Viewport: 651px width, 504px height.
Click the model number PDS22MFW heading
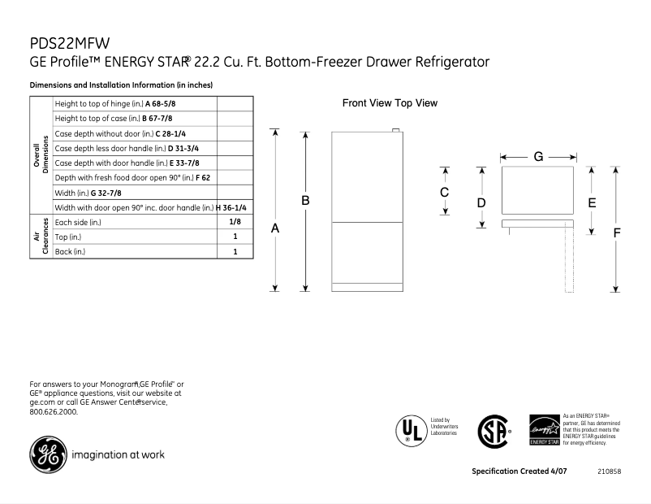click(x=70, y=42)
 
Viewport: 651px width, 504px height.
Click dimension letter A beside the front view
click(x=275, y=229)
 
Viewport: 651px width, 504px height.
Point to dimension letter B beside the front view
click(x=305, y=200)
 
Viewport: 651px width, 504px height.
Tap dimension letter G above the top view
click(x=537, y=155)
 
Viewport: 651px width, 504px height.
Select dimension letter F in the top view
click(x=616, y=232)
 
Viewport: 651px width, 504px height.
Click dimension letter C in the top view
click(x=445, y=193)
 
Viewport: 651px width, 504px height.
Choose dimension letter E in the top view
click(x=592, y=202)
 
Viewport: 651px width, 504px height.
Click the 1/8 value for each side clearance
click(x=235, y=222)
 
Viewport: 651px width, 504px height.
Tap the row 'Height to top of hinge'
click(x=135, y=104)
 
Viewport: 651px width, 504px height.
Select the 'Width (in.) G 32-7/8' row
click(x=135, y=193)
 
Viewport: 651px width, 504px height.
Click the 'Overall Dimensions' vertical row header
click(x=40, y=155)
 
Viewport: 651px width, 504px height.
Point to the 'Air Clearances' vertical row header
click(x=40, y=237)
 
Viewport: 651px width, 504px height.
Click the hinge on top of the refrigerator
click(x=396, y=130)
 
